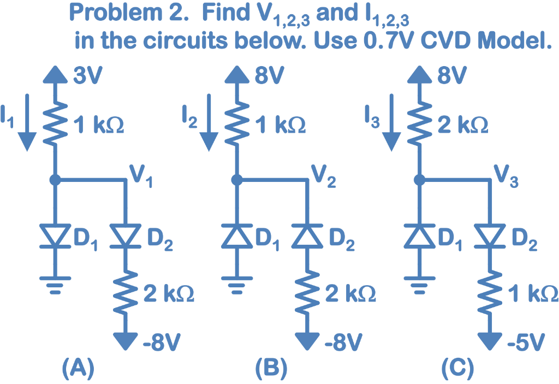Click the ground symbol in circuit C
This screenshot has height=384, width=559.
419,283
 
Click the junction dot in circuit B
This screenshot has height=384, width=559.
236,179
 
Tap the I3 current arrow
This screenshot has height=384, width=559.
390,123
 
